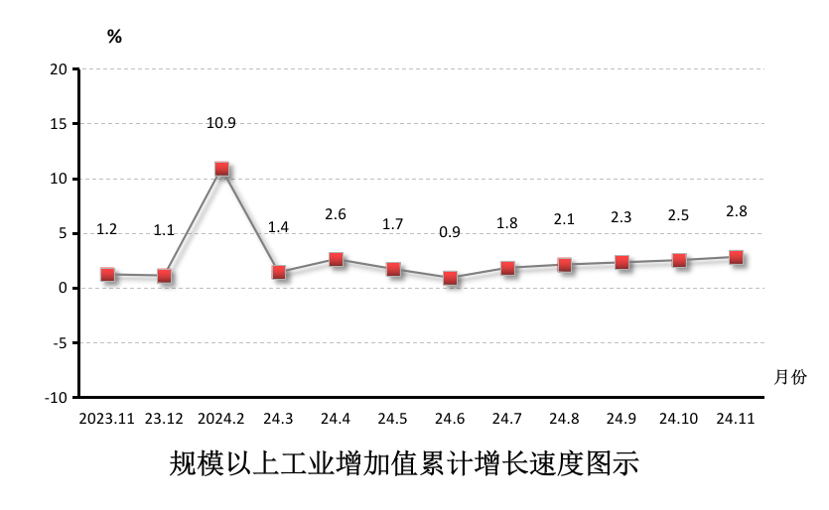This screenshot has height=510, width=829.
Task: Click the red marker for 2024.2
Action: tap(221, 169)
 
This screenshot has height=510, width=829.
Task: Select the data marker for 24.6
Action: tap(450, 278)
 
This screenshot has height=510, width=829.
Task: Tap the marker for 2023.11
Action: tap(107, 274)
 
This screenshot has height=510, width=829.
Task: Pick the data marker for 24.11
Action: tap(736, 257)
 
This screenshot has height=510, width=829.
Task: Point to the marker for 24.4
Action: tap(336, 259)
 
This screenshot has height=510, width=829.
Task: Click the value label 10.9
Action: tap(220, 124)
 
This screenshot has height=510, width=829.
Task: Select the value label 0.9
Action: tap(450, 232)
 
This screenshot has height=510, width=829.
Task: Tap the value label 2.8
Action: tap(736, 210)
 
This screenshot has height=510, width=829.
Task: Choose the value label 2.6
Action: tap(336, 214)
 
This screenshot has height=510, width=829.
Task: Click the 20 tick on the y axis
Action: tap(59, 69)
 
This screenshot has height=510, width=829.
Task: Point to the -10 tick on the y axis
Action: tap(56, 398)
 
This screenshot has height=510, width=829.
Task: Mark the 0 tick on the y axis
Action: tap(63, 289)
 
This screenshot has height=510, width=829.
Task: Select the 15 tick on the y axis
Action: tap(59, 124)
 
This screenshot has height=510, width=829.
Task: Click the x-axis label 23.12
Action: tap(165, 419)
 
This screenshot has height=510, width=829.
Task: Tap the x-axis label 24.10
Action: tap(678, 419)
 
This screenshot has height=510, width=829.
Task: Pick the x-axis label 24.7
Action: tap(507, 419)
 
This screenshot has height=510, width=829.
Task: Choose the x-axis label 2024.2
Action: tap(221, 419)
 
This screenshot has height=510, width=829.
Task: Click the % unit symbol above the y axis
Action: tap(114, 37)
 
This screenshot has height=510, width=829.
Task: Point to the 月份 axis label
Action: tap(790, 377)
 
